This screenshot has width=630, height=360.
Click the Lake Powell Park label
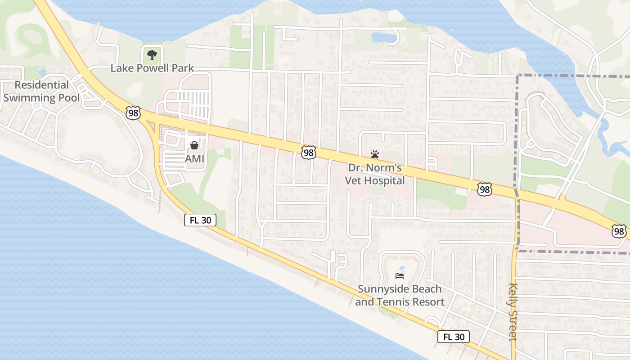point(152,68)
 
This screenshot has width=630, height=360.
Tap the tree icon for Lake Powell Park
point(152,55)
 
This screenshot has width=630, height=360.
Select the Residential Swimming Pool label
point(41,91)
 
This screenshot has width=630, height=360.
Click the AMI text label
point(194,158)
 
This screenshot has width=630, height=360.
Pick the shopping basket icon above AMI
point(194,145)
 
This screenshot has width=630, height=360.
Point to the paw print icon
point(375,155)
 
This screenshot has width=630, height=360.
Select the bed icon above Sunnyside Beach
point(400,275)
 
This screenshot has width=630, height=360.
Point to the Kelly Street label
point(513,312)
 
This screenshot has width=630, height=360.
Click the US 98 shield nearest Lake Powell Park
point(133,112)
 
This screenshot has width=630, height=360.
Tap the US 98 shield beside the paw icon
point(308,153)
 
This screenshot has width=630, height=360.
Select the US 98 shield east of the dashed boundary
point(619,231)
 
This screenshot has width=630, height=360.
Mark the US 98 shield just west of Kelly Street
point(484,189)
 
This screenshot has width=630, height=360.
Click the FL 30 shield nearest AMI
point(200,220)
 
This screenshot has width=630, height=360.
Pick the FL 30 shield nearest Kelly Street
point(454,337)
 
